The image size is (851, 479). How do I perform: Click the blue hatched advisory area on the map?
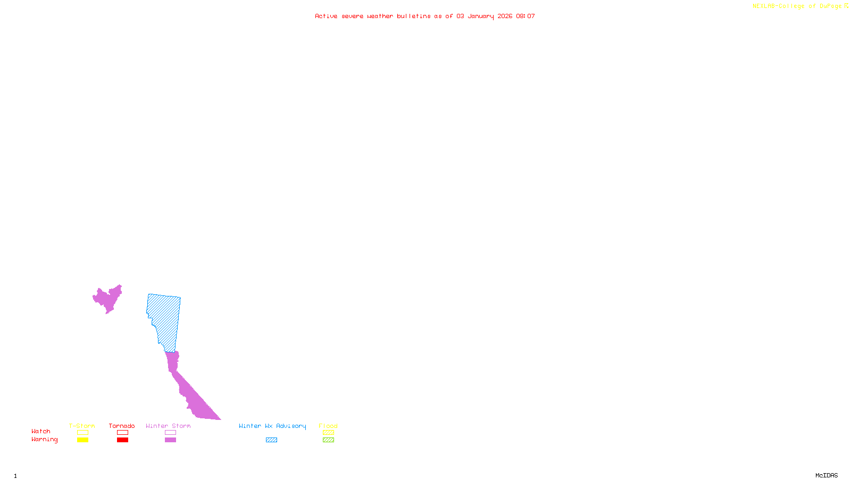(x=165, y=319)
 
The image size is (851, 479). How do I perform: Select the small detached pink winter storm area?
(x=108, y=299)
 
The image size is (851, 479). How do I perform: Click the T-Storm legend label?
(x=82, y=426)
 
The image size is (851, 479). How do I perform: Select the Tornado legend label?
(x=122, y=426)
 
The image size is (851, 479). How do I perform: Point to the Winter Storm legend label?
(x=168, y=426)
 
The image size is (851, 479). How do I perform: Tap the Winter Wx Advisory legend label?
(x=272, y=426)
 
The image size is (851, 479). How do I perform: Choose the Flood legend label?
(x=328, y=426)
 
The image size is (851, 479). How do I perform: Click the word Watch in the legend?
(x=41, y=431)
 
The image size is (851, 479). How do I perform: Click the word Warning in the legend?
(x=44, y=440)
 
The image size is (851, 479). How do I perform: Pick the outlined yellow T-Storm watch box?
(x=82, y=433)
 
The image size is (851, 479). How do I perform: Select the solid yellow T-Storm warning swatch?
(x=82, y=440)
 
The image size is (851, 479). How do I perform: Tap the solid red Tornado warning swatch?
(x=122, y=440)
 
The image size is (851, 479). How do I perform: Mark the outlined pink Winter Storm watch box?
(x=170, y=433)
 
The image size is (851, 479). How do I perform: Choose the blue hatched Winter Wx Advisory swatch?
(x=271, y=440)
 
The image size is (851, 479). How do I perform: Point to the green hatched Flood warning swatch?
(x=328, y=440)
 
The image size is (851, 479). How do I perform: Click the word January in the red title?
(x=481, y=16)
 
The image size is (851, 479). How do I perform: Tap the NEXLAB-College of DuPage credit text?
(x=797, y=6)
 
